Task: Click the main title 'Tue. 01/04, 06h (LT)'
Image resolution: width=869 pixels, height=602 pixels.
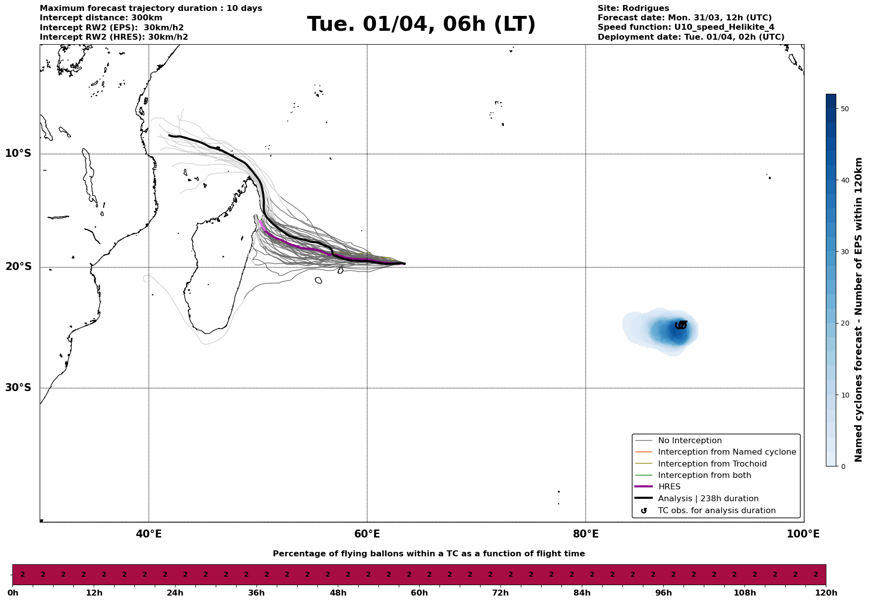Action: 421,24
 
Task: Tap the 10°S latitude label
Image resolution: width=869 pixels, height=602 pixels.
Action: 18,153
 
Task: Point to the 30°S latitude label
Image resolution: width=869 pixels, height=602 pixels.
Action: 18,388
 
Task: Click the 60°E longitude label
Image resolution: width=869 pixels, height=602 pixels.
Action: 367,534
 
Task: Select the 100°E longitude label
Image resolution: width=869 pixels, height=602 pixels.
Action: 803,534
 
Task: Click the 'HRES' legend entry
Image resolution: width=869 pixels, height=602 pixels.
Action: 669,487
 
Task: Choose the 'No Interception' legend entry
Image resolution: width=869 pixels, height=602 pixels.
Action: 689,441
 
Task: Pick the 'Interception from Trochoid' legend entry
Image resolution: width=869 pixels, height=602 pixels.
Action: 712,464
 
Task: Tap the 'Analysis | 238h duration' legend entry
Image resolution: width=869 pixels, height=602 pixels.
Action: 708,499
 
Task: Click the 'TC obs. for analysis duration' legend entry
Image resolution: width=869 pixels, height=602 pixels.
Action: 716,511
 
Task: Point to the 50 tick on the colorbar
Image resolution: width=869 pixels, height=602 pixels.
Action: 846,109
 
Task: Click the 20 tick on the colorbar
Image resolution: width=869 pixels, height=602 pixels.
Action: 846,324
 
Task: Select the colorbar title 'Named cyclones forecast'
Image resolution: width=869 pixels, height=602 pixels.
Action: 859,310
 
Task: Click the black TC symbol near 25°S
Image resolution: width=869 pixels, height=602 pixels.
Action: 681,325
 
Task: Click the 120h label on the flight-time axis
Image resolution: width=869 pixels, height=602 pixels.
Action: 826,593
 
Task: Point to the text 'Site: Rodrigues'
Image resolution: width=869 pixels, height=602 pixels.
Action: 633,8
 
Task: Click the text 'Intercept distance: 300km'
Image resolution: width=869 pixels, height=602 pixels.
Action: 101,18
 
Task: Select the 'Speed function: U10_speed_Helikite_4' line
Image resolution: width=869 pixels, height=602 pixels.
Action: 685,27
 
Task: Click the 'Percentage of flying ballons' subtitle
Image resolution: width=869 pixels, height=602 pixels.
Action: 429,554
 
